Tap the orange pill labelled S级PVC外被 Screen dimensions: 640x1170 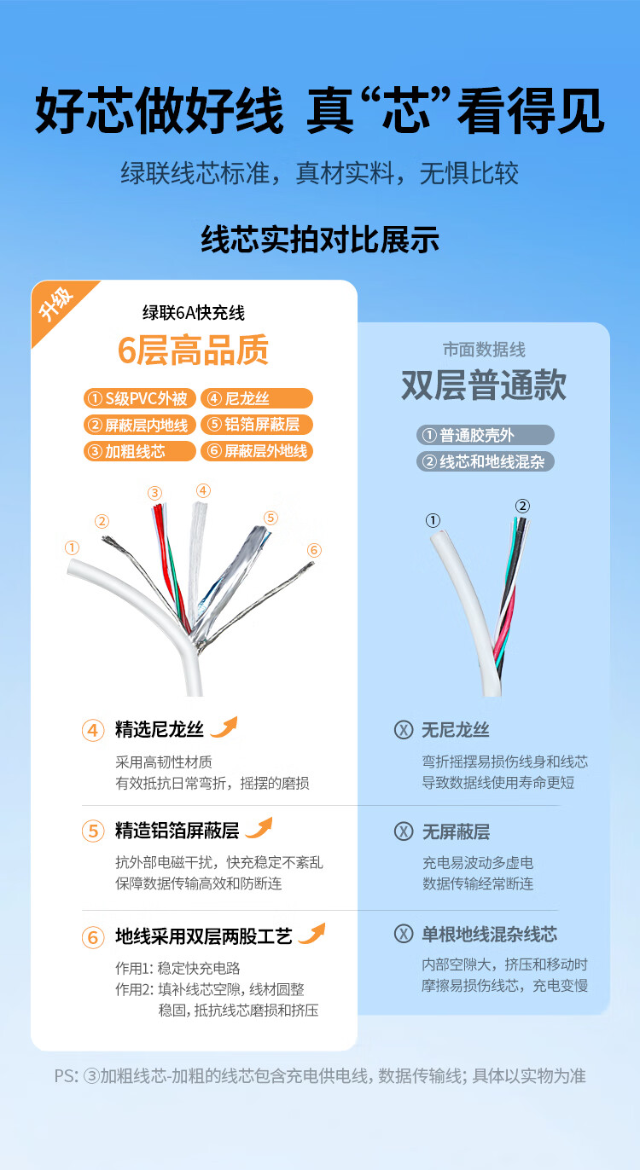point(140,398)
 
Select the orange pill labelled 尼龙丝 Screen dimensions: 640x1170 point(257,398)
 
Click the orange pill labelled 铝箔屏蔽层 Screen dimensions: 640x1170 point(257,425)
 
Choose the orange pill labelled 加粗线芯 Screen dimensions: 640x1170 point(140,451)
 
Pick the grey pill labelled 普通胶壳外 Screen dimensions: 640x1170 point(486,435)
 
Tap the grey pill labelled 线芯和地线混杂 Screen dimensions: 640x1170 point(486,461)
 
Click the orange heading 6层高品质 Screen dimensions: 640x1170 point(193,350)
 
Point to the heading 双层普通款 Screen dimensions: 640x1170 point(484,385)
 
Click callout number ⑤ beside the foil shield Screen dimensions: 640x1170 point(271,518)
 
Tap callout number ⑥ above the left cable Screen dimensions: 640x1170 point(314,550)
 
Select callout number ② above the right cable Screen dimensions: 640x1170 point(522,506)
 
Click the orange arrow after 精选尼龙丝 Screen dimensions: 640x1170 point(224,727)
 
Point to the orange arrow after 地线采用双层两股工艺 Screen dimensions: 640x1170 point(312,934)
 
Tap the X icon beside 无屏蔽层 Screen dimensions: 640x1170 point(403,831)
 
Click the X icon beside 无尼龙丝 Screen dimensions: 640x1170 point(403,730)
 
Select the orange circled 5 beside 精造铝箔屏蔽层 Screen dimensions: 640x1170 point(93,831)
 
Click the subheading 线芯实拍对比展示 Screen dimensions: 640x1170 point(320,240)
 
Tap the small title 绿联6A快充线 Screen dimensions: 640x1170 point(194,313)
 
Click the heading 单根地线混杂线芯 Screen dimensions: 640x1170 point(490,935)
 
